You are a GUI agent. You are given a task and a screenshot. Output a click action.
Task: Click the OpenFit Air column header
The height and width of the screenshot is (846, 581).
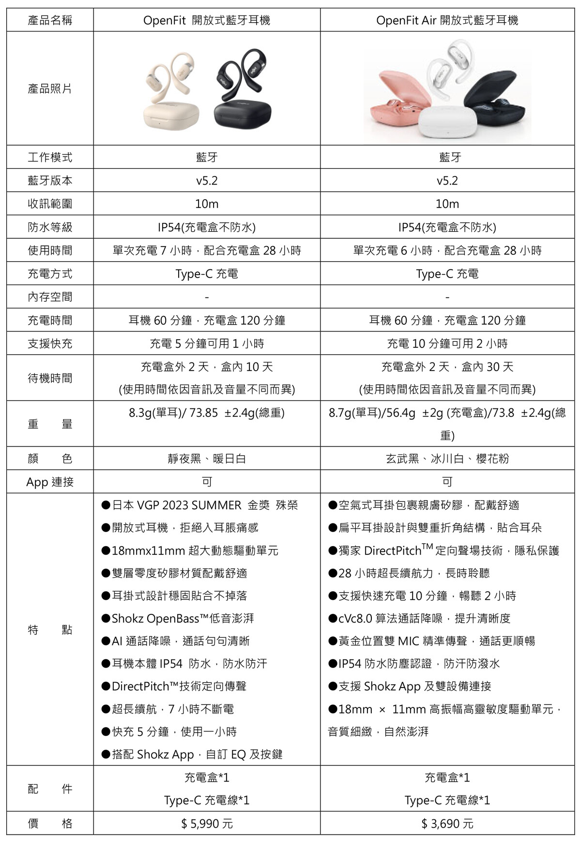447,20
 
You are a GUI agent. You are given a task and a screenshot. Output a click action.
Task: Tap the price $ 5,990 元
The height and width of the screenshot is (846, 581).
207,823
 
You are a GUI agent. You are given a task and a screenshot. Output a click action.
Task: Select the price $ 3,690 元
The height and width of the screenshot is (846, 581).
447,823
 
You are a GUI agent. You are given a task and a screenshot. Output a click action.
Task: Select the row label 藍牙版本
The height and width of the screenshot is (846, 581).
50,180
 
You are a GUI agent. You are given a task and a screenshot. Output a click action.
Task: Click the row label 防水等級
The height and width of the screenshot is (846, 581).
50,227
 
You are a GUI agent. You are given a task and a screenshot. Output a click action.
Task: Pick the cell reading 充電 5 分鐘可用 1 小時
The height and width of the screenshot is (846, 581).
207,344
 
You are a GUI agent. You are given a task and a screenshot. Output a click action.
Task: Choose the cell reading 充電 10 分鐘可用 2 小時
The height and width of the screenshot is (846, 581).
447,344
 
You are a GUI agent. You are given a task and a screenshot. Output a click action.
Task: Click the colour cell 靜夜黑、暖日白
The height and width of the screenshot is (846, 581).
207,458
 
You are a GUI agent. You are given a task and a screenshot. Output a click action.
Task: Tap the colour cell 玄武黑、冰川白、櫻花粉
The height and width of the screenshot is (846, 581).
447,458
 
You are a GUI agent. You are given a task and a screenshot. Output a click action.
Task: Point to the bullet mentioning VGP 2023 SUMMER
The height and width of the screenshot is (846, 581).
200,505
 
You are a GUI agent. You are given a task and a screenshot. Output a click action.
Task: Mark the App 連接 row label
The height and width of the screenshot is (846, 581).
50,482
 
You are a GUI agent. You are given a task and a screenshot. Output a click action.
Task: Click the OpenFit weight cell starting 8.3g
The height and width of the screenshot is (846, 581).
207,413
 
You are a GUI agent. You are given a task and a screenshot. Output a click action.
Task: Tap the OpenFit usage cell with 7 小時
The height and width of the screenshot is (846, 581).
207,251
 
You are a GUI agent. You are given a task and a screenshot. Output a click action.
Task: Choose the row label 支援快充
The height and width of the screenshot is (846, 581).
50,344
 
